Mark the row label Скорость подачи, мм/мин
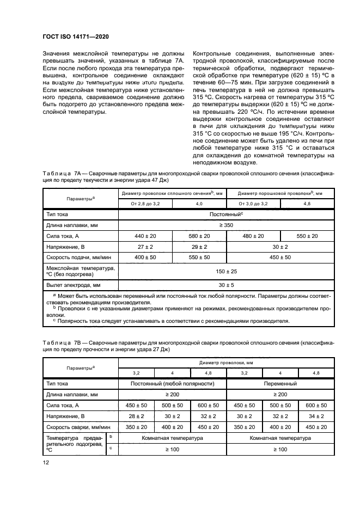click(78, 257)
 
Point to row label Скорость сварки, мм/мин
click(78, 427)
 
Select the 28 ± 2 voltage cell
click(136, 416)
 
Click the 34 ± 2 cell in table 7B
click(316, 416)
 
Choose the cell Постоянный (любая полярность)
click(172, 384)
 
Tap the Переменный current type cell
click(280, 384)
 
